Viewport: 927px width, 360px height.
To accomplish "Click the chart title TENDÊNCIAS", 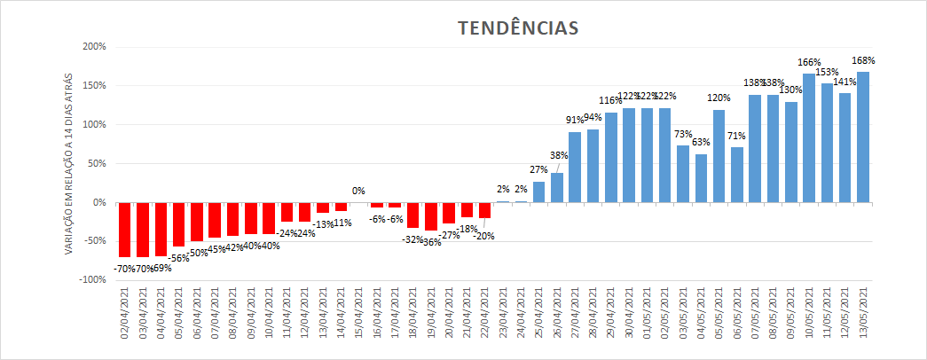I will click(518, 28).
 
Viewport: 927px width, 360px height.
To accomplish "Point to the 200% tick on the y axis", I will click(93, 47).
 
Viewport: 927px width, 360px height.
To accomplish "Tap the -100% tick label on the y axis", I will click(91, 280).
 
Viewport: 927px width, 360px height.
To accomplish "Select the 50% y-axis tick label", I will click(96, 164).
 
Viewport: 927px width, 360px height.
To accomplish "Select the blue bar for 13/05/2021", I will click(863, 137).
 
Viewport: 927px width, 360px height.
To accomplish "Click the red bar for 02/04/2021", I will click(125, 230).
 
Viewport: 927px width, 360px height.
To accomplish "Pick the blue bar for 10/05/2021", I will click(809, 138).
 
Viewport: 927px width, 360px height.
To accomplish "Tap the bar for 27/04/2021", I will click(575, 168).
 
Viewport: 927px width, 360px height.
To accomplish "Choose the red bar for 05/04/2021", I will click(179, 224).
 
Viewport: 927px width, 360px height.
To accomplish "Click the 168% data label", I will click(863, 61).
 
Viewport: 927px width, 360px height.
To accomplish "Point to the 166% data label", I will click(809, 63).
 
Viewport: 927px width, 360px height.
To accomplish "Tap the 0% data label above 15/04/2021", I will click(358, 191).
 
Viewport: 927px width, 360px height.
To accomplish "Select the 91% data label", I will click(575, 120).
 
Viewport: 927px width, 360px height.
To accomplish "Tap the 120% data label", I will click(719, 98).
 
